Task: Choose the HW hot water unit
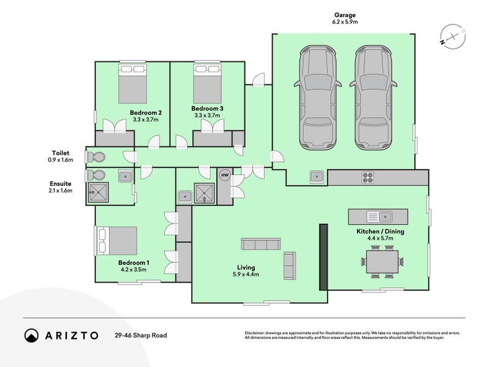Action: (x=225, y=176)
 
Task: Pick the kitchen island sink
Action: (x=379, y=217)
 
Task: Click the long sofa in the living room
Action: (x=261, y=245)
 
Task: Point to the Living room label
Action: (x=246, y=267)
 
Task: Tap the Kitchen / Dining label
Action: (x=380, y=232)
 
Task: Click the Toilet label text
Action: (x=61, y=153)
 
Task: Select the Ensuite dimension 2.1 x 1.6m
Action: (x=61, y=191)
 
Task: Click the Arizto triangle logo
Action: (x=31, y=335)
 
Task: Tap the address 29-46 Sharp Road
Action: (x=140, y=335)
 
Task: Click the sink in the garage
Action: (x=317, y=177)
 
